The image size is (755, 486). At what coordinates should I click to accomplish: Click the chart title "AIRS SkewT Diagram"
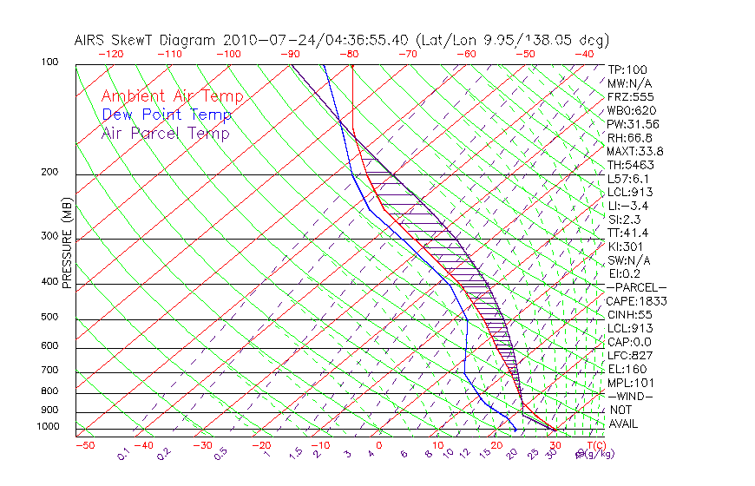146,41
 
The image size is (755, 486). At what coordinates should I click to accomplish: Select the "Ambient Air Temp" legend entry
173,97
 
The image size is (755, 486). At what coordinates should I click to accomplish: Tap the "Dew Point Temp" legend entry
167,115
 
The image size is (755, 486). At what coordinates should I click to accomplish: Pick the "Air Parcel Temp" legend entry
166,134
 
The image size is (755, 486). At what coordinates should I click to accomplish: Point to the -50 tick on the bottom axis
85,446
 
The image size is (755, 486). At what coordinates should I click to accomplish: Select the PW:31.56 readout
634,124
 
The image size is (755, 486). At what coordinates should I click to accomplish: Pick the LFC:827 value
630,355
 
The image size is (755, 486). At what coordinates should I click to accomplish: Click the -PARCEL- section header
637,287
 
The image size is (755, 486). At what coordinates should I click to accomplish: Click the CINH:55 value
630,314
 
